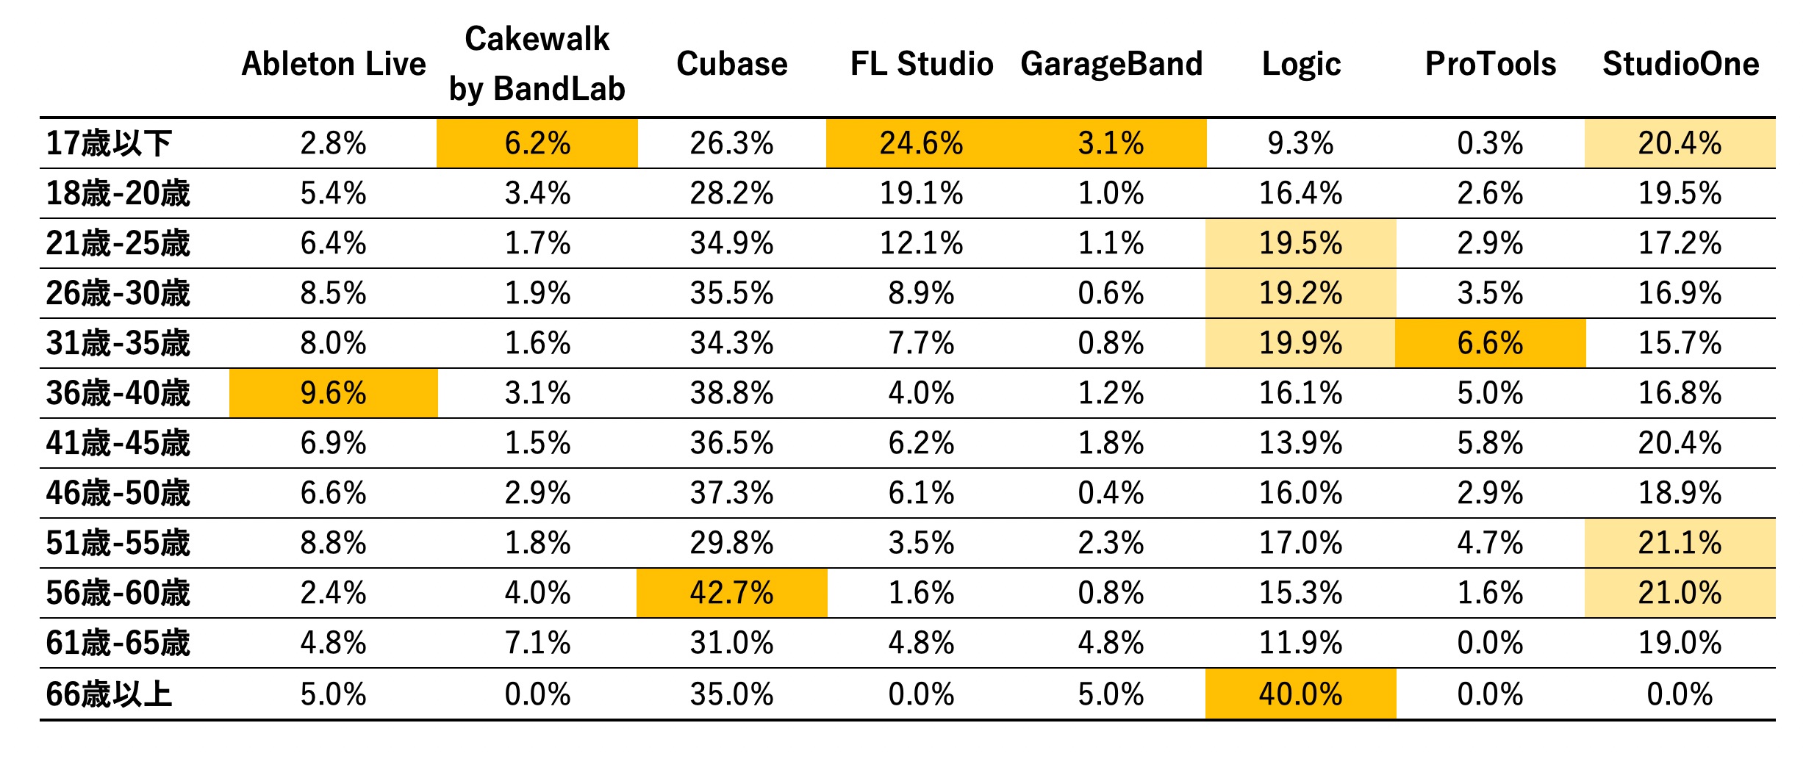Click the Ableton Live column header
tap(334, 64)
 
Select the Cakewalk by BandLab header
tap(537, 64)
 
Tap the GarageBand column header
tap(1111, 64)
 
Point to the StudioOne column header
tap(1681, 64)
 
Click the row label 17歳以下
tap(109, 143)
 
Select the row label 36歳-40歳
tap(118, 393)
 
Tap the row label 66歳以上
tap(109, 694)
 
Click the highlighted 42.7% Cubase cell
tap(732, 593)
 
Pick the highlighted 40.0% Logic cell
tap(1301, 694)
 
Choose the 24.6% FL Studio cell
tap(922, 143)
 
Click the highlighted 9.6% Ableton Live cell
tap(334, 393)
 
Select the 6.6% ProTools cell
tap(1491, 343)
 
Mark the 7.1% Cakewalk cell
tap(537, 643)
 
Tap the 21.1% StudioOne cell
tap(1680, 543)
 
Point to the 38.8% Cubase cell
tap(732, 393)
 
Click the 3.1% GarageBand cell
tap(1111, 143)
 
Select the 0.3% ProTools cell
tap(1491, 143)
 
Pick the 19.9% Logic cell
tap(1301, 343)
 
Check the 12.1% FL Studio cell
tap(922, 243)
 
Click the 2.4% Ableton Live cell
tap(334, 593)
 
